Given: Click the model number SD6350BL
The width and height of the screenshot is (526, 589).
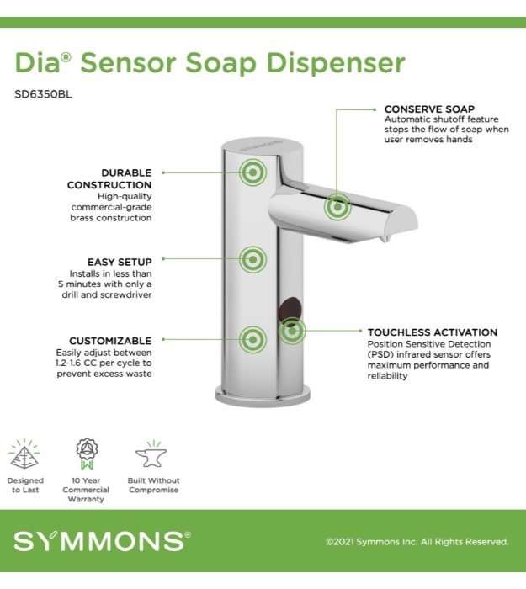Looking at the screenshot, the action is [43, 94].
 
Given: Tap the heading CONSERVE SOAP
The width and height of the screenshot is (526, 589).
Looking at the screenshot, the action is [429, 109].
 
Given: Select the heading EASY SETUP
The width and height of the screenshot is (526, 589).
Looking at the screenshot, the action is [120, 262].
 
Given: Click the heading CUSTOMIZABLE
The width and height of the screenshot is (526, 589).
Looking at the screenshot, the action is [110, 341].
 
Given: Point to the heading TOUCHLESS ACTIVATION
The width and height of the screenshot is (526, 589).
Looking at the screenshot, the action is [433, 332].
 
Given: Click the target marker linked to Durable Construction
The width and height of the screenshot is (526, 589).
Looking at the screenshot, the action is [253, 172].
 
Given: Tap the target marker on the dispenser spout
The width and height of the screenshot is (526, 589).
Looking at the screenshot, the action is [337, 207].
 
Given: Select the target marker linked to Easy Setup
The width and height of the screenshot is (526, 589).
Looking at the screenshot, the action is [253, 259].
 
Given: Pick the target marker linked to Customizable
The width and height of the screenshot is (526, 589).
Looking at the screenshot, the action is [253, 340].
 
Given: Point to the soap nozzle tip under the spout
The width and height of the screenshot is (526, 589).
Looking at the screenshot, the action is [384, 238].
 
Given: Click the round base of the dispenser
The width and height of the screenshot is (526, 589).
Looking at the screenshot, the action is [263, 396].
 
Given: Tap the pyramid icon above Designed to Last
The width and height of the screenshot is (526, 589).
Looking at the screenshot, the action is [24, 454].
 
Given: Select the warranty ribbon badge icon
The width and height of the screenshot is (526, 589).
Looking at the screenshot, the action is [87, 454].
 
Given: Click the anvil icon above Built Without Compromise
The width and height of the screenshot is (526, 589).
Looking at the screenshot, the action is [151, 454].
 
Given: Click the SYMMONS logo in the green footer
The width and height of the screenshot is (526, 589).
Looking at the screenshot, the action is [102, 541].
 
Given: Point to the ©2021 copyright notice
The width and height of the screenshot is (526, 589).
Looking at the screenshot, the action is [417, 542].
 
